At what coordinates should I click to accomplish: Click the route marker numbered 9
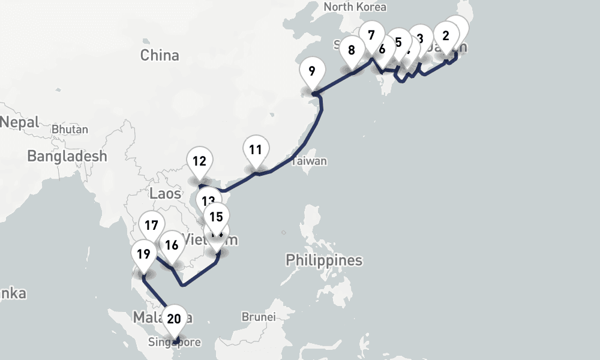(x=312, y=71)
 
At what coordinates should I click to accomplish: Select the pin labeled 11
(x=256, y=151)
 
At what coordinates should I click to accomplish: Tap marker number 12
(x=200, y=161)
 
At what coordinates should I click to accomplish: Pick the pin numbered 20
(x=174, y=319)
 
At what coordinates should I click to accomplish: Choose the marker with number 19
(x=143, y=254)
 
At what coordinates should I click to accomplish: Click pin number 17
(x=151, y=226)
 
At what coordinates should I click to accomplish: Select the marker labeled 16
(x=172, y=245)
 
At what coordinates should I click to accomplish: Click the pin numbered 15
(x=217, y=217)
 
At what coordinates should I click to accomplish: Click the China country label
(x=160, y=55)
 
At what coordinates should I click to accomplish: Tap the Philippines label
(x=324, y=260)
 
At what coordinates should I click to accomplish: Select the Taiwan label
(x=310, y=161)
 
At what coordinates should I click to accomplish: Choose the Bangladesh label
(x=67, y=156)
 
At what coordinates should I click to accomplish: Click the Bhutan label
(x=70, y=129)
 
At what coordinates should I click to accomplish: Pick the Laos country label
(x=165, y=193)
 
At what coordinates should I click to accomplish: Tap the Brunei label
(x=258, y=316)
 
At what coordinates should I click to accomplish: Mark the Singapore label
(x=175, y=343)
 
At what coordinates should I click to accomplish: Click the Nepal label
(x=19, y=122)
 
